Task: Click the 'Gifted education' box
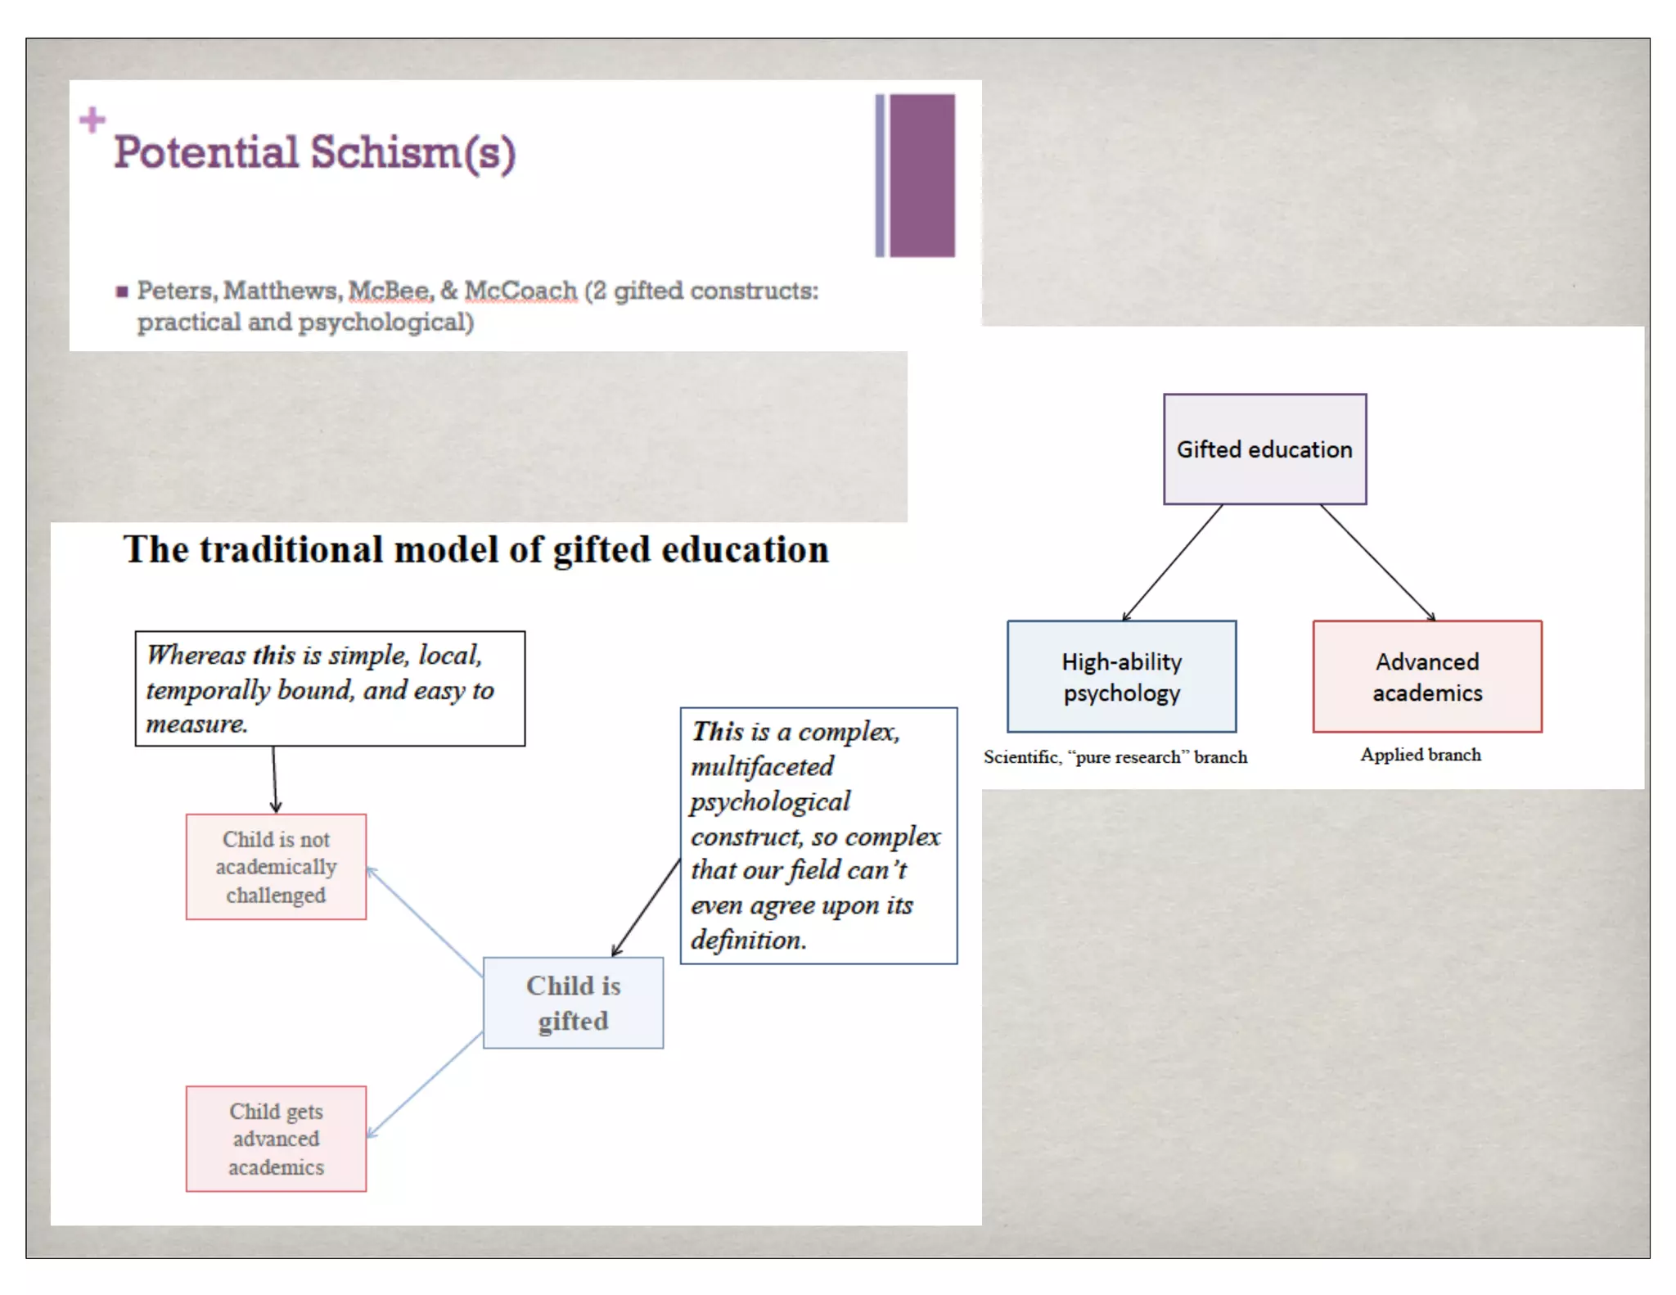(1264, 449)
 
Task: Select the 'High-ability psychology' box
(1121, 676)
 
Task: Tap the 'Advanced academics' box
(1427, 676)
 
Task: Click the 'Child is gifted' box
(573, 1003)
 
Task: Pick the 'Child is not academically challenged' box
(276, 867)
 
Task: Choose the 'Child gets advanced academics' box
(276, 1139)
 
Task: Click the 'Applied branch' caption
(1421, 755)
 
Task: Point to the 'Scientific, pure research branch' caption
(1115, 757)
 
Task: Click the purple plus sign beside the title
(92, 120)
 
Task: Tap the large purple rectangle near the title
(922, 175)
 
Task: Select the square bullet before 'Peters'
(122, 291)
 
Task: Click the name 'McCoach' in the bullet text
(521, 291)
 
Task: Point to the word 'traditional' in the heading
(291, 549)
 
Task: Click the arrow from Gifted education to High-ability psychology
(1173, 562)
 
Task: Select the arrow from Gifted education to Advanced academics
(1376, 562)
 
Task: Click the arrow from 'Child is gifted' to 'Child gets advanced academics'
(425, 1084)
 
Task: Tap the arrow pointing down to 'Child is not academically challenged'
(275, 778)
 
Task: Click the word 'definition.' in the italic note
(748, 940)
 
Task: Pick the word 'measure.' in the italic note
(196, 724)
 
